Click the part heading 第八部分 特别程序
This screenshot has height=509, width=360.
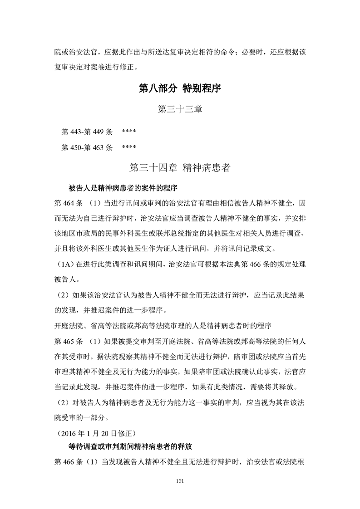tap(180, 88)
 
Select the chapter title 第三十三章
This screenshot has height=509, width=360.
tap(179, 109)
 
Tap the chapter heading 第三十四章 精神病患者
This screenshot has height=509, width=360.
tap(180, 167)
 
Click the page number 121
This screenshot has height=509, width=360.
tap(180, 481)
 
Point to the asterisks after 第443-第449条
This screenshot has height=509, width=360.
tap(129, 132)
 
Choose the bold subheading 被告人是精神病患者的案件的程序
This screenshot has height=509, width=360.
tap(122, 187)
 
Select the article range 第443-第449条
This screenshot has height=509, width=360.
tap(87, 132)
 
